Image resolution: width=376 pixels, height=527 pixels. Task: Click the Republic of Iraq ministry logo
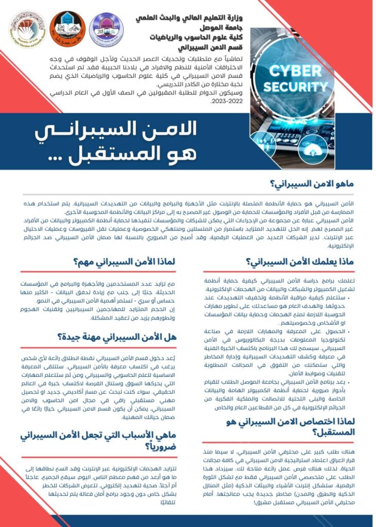pos(27,29)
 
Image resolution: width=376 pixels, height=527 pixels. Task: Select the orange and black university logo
pos(67,28)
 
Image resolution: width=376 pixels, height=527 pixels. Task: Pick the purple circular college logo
pos(106,29)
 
